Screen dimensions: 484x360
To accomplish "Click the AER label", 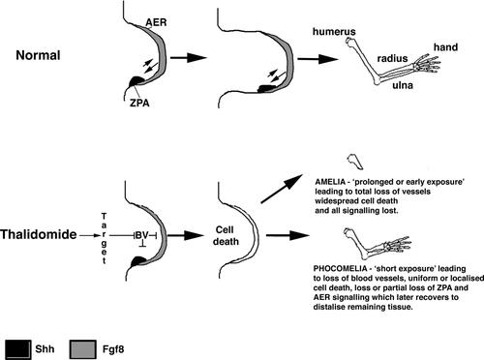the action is (156, 22).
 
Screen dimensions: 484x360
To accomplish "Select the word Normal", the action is (38, 55).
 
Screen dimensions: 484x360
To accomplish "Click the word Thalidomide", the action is (39, 234).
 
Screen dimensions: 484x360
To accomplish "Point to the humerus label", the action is (334, 32).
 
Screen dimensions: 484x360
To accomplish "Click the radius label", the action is (392, 58).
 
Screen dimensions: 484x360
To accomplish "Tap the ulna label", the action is (403, 85).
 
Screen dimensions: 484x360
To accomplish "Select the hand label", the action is (445, 47).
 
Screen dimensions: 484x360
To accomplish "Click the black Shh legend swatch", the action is (18, 349).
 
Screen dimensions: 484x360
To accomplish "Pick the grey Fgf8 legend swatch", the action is (83, 349).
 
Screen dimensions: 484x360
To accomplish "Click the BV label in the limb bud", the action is (141, 235).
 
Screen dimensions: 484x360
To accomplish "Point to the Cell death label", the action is (226, 236).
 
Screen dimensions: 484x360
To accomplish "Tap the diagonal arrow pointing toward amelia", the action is (282, 189).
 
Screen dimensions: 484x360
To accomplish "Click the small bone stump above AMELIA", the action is (355, 162).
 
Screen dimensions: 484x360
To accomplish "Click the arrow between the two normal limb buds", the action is (189, 58).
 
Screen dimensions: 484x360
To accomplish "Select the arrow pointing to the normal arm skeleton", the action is (318, 59).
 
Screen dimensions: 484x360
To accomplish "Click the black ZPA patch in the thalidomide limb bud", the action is (136, 260).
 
